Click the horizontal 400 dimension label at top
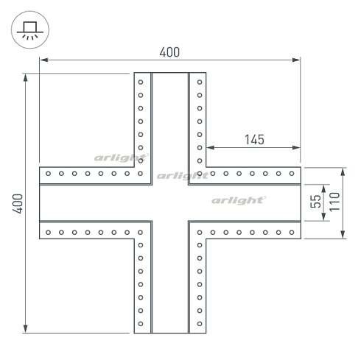coord(169,52)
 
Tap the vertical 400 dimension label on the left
coord(18,204)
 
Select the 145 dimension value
coord(254,140)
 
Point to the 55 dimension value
coord(315,202)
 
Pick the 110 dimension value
coord(334,202)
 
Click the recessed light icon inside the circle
coord(30,30)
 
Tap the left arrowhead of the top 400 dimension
coord(44,60)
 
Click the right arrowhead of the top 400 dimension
coord(296,60)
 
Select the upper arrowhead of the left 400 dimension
coord(25,77)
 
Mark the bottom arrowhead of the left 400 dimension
coord(25,329)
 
